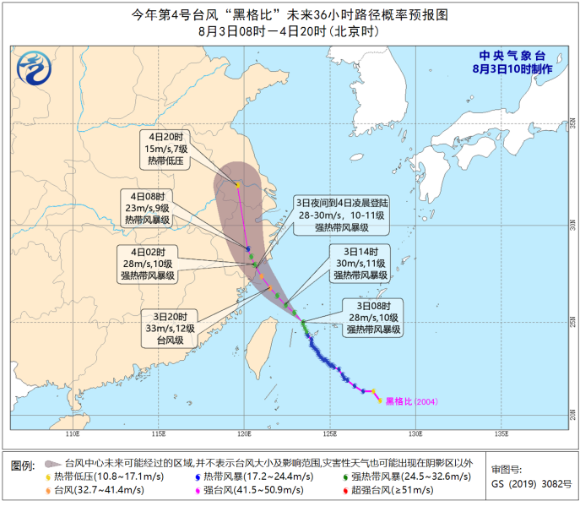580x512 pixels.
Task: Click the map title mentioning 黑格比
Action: [x=290, y=14]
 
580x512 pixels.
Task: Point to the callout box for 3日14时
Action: [x=360, y=264]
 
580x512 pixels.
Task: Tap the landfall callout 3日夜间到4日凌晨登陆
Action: [x=341, y=215]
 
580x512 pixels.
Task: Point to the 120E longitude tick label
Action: [x=243, y=435]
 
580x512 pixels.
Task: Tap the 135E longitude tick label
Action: [x=501, y=435]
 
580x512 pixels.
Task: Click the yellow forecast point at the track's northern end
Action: [x=238, y=185]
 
